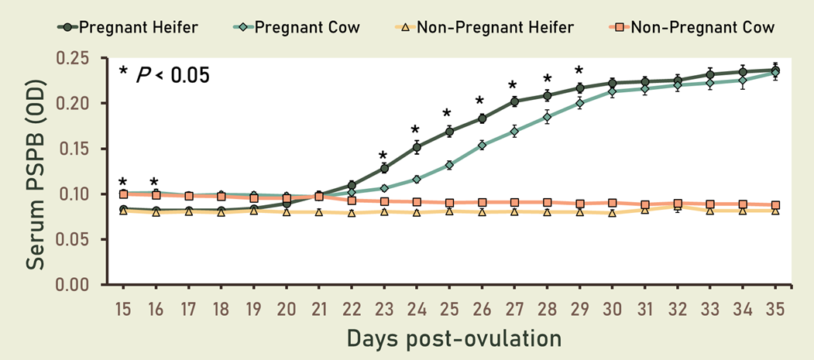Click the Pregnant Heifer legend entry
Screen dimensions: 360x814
click(128, 28)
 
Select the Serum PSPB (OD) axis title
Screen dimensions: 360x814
click(35, 170)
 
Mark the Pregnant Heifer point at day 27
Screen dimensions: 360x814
click(514, 101)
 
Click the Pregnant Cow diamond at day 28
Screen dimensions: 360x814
click(547, 118)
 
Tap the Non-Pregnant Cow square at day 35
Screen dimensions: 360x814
click(775, 205)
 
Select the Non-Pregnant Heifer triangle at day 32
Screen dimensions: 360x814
click(677, 207)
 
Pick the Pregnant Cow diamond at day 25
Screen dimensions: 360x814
click(449, 165)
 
